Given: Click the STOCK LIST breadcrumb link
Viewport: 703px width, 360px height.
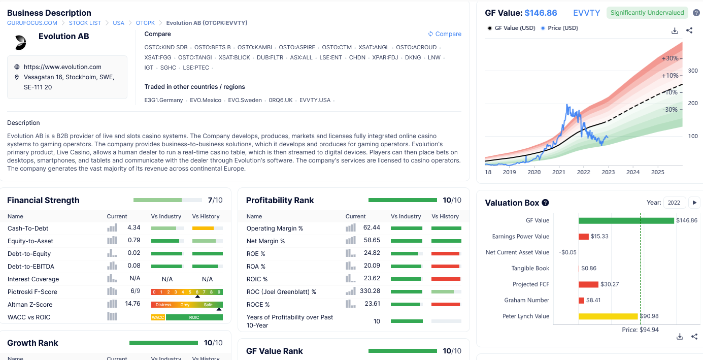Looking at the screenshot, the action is pyautogui.click(x=85, y=23).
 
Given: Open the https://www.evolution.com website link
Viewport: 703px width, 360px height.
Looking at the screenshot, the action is pyautogui.click(x=62, y=67).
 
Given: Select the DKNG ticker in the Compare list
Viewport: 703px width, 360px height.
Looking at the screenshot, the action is pyautogui.click(x=413, y=57).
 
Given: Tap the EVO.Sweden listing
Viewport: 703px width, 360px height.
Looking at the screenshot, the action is pyautogui.click(x=245, y=100).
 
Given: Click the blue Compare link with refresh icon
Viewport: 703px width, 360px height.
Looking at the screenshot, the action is pyautogui.click(x=445, y=34).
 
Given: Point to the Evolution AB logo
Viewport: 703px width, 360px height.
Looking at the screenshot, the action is pyautogui.click(x=21, y=43).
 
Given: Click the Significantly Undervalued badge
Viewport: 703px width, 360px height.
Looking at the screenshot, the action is pyautogui.click(x=647, y=13).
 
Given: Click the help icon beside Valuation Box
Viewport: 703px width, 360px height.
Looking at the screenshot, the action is pyautogui.click(x=546, y=203).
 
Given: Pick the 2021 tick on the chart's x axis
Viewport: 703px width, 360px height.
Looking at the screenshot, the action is pyautogui.click(x=559, y=172).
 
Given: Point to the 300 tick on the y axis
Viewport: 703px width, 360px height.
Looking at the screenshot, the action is pyautogui.click(x=693, y=71).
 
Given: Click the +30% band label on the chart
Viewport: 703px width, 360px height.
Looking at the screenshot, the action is pyautogui.click(x=670, y=58).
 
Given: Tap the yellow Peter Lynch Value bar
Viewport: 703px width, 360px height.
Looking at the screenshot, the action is pyautogui.click(x=609, y=316).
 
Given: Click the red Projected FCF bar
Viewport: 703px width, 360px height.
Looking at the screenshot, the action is pyautogui.click(x=588, y=284).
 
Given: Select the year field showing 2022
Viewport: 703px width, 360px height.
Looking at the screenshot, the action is pyautogui.click(x=674, y=203).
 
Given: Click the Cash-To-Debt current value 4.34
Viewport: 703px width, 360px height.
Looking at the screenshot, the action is pyautogui.click(x=133, y=227).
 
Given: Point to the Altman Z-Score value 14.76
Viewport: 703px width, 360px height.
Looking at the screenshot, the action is pyautogui.click(x=132, y=304).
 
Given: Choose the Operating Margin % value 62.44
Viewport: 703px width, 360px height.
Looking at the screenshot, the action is pyautogui.click(x=372, y=227).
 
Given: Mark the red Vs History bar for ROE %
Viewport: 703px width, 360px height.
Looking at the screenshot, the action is pyautogui.click(x=445, y=253).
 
